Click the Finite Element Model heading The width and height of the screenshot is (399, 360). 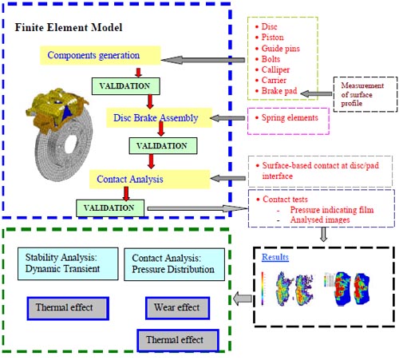click(69, 27)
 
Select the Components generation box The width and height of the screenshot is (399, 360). click(101, 55)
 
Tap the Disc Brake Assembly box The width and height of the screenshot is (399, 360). click(159, 118)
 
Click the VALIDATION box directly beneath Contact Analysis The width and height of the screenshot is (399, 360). click(110, 208)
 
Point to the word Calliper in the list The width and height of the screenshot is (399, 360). click(275, 69)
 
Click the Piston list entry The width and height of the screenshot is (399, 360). click(272, 38)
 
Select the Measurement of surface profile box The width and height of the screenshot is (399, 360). click(365, 94)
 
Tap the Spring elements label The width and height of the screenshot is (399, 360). click(290, 117)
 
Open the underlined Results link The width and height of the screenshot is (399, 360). click(275, 257)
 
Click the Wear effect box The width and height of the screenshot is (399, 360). click(177, 308)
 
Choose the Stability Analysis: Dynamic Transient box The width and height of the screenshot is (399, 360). click(68, 263)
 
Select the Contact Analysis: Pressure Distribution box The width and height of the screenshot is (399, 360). click(174, 264)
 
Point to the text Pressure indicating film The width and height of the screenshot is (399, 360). click(332, 210)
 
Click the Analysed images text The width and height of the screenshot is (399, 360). click(320, 220)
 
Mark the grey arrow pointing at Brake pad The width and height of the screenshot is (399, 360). click(316, 93)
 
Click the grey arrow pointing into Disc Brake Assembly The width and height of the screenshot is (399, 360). click(228, 118)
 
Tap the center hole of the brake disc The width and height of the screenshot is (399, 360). click(71, 144)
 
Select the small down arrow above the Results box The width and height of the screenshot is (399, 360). click(323, 235)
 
